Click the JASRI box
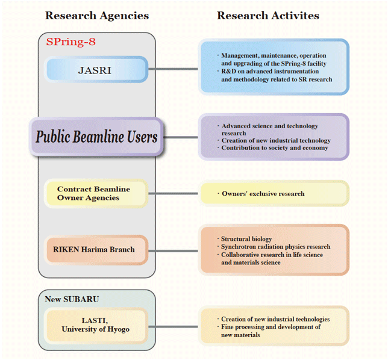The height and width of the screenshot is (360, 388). (x=96, y=69)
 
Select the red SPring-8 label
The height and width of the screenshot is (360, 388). (x=70, y=42)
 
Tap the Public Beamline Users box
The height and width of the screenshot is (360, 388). (x=96, y=137)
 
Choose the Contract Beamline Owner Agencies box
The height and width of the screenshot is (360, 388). (x=96, y=194)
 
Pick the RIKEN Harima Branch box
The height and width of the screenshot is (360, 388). (x=96, y=250)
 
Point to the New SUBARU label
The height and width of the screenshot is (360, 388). (x=72, y=299)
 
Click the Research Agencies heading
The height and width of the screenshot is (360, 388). (x=97, y=16)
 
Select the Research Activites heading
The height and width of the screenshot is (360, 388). (x=268, y=16)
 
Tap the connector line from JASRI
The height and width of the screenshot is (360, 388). (x=174, y=69)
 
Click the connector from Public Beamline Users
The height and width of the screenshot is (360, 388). (x=181, y=137)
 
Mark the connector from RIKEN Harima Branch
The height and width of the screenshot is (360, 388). (x=174, y=251)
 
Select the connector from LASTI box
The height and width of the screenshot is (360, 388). (x=174, y=327)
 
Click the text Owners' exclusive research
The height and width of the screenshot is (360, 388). (x=263, y=194)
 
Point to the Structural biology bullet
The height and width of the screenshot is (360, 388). (x=246, y=239)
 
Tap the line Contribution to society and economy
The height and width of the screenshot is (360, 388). (x=275, y=148)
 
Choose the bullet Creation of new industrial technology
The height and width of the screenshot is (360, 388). (x=276, y=140)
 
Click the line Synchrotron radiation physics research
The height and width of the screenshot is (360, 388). (x=276, y=247)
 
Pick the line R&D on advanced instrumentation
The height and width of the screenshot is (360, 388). (x=270, y=72)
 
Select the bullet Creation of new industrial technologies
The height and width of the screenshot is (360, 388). (x=275, y=319)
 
